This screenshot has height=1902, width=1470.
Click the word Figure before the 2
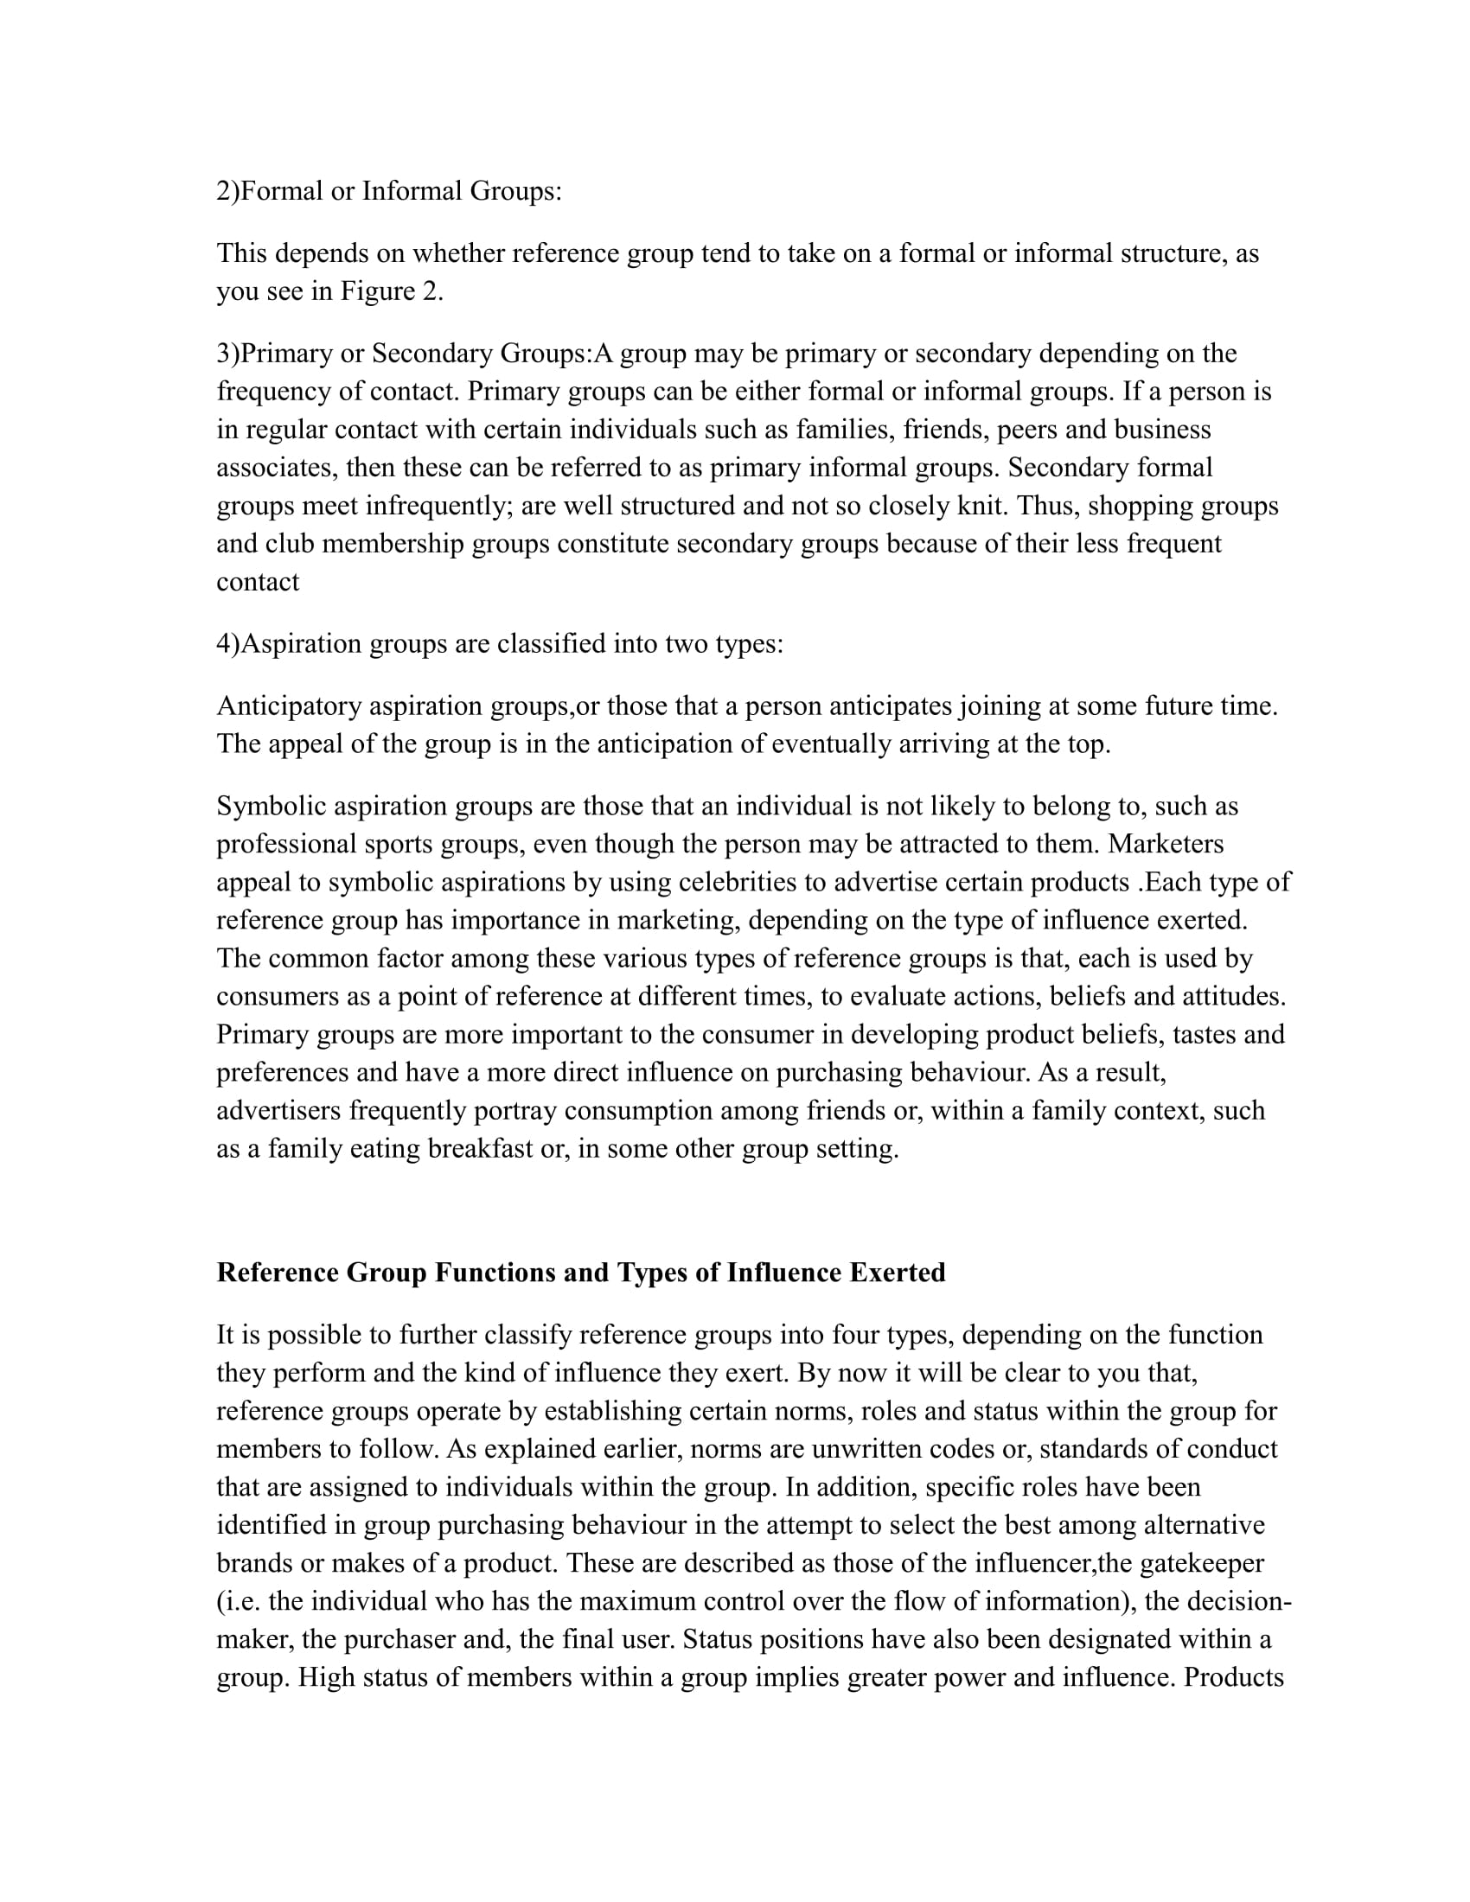pos(378,291)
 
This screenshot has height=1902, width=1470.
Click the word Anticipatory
pos(289,706)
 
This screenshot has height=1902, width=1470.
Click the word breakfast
pos(481,1150)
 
